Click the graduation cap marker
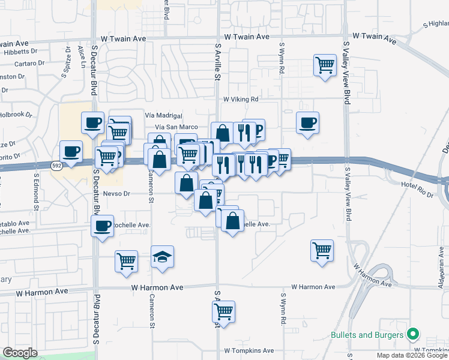click(162, 257)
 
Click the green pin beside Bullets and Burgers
click(413, 334)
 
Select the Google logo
click(20, 353)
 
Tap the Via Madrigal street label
click(163, 115)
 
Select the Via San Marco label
click(176, 127)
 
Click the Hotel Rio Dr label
click(417, 186)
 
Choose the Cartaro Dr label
click(29, 62)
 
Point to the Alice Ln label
click(81, 53)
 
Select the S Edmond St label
click(37, 191)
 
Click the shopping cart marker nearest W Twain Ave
click(325, 64)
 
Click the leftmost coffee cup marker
click(71, 151)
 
